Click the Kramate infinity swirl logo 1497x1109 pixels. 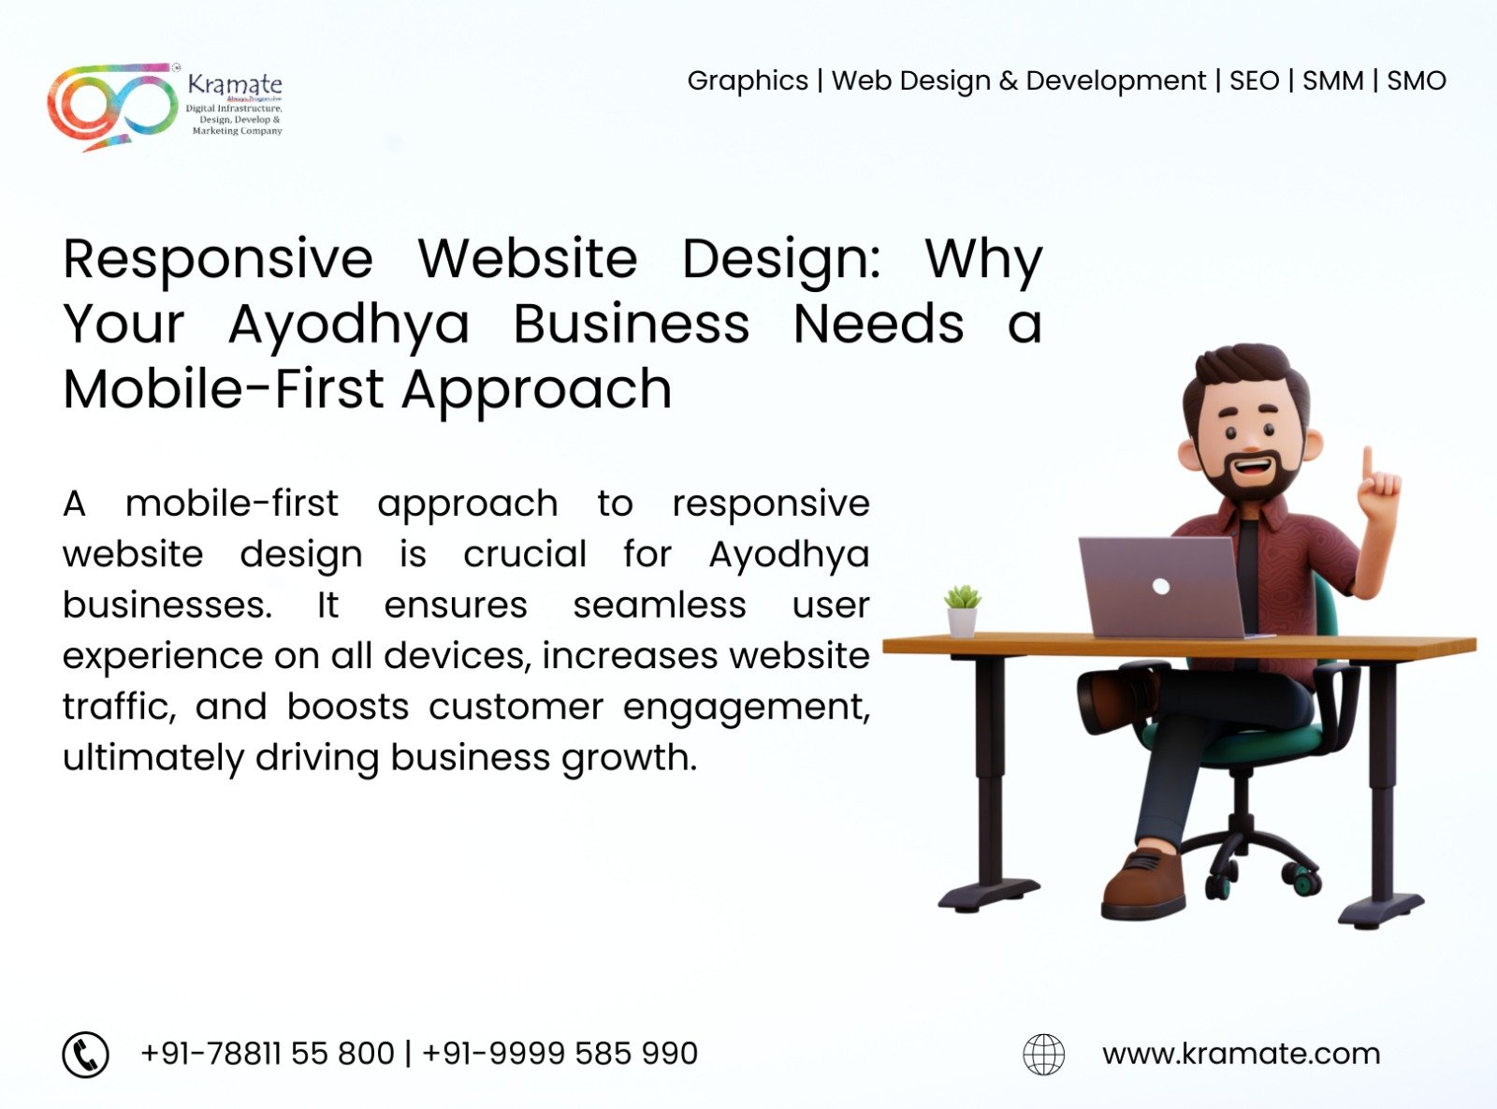point(111,106)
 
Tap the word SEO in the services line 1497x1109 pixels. point(1254,81)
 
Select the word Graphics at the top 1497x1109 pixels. point(748,81)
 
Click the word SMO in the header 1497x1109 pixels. point(1416,81)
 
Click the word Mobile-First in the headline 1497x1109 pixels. point(223,389)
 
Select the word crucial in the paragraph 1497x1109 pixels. point(525,554)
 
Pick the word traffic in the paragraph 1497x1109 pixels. point(119,708)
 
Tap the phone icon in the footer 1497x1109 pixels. point(86,1054)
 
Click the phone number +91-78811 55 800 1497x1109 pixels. point(268,1054)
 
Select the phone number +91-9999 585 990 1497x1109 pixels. point(560,1054)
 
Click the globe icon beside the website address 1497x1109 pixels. point(1043,1054)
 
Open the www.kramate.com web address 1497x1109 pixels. point(1241,1055)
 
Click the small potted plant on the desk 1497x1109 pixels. point(963,611)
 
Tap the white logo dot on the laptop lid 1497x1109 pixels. point(1161,586)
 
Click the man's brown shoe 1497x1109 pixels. point(1143,885)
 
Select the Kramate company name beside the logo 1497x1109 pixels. point(234,85)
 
